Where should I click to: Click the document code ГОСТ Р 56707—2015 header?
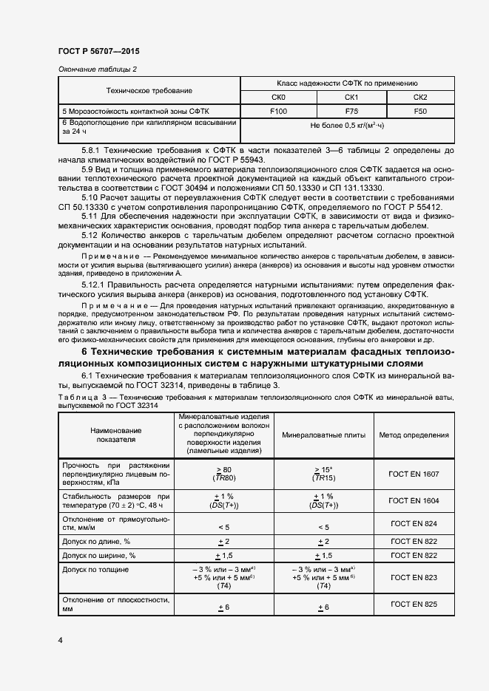[98, 51]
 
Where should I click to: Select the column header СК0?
[279, 97]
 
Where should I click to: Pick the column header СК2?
[419, 97]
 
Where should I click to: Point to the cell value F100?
[279, 111]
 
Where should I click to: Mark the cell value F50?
[419, 111]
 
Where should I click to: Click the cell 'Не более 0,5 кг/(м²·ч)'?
[348, 126]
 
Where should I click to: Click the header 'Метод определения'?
[414, 435]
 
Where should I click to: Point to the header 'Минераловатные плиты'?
[323, 435]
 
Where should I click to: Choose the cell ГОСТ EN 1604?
[414, 500]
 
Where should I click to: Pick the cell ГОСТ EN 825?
[414, 605]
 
